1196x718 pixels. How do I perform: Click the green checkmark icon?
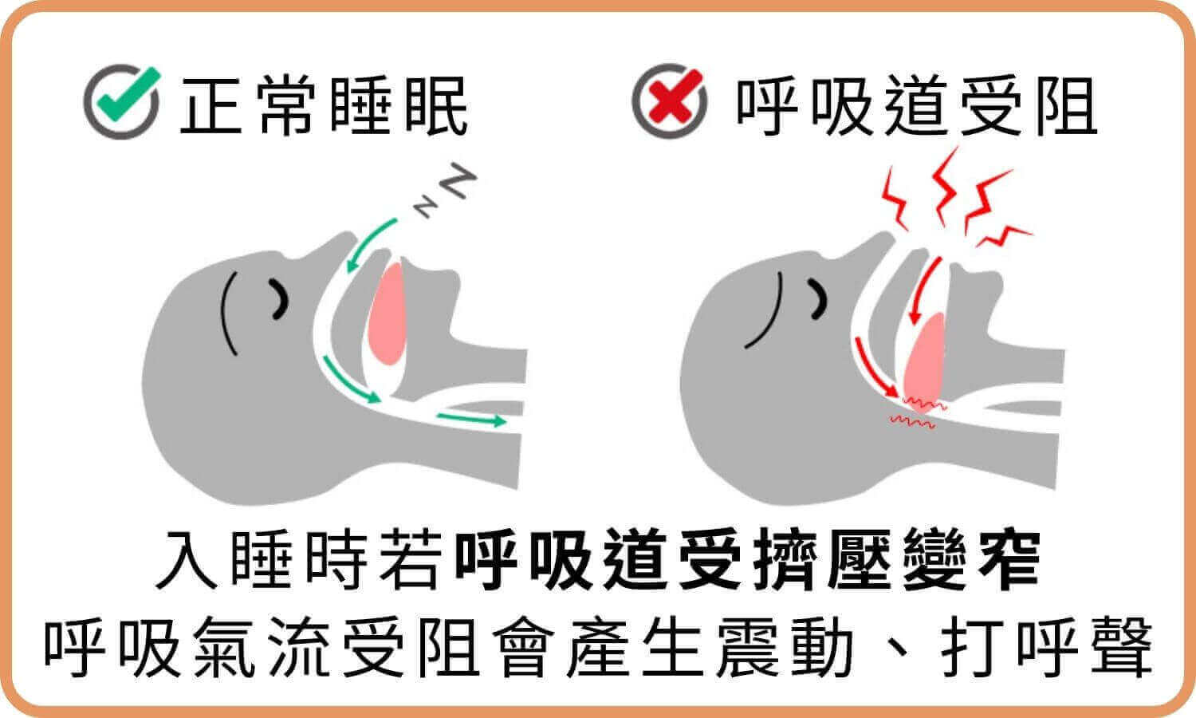(122, 104)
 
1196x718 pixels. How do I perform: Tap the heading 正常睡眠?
(324, 106)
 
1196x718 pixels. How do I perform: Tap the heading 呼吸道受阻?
(917, 106)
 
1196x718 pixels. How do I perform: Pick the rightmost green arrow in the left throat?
(470, 418)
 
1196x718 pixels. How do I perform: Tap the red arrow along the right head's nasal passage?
(873, 367)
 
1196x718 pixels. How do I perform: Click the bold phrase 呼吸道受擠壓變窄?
(746, 558)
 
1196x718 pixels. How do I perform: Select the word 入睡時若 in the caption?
(299, 558)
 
